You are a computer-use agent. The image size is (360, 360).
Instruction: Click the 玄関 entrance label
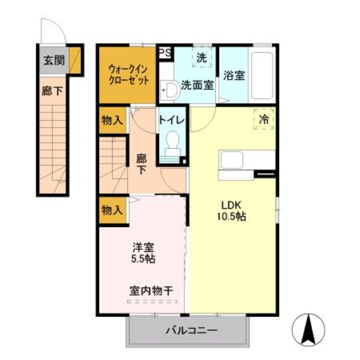click(53, 60)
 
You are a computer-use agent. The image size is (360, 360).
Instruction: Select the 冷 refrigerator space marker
click(264, 119)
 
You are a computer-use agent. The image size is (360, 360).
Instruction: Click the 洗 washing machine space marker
click(201, 58)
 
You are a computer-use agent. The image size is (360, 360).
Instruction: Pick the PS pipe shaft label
click(166, 53)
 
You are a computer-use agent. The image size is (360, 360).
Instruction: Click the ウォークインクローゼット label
click(128, 74)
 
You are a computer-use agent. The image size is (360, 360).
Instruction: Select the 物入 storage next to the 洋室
click(112, 210)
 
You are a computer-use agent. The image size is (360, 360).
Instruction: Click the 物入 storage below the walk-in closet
click(112, 120)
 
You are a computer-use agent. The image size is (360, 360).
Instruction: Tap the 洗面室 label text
click(197, 85)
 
